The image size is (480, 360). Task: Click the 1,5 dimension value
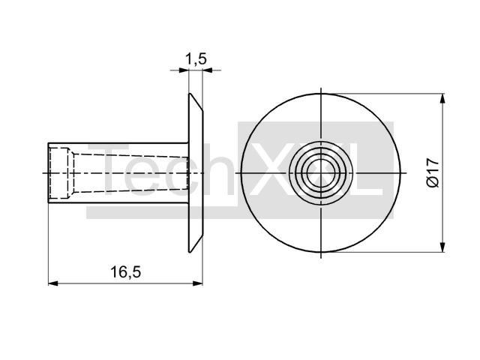click(196, 59)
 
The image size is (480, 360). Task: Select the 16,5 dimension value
click(125, 272)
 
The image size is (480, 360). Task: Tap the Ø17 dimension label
click(431, 172)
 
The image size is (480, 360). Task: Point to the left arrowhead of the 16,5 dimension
click(52, 283)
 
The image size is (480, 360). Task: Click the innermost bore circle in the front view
click(321, 173)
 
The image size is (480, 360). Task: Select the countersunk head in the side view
click(195, 173)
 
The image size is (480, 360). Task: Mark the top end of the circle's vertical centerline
click(321, 89)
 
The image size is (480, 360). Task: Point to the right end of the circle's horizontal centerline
click(406, 173)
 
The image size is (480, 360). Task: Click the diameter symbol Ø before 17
click(431, 183)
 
